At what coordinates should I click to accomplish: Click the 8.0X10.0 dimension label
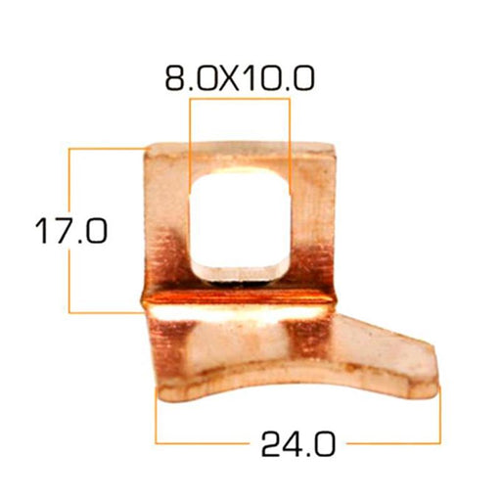click(x=240, y=78)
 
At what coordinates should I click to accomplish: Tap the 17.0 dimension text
click(x=71, y=231)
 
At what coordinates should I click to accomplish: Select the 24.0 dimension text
click(x=298, y=443)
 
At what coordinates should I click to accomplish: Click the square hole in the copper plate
click(x=240, y=223)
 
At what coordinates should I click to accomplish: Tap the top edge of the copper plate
click(x=241, y=145)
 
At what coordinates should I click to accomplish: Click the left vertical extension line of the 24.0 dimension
click(x=157, y=415)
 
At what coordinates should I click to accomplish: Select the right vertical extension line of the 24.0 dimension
click(x=439, y=415)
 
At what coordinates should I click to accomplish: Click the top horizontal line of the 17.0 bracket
click(x=107, y=149)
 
